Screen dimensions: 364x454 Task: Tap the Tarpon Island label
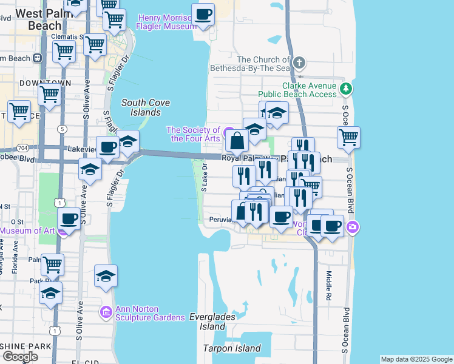point(232,348)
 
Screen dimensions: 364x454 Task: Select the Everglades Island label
point(207,322)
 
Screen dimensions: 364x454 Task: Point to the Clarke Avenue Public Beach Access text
point(297,90)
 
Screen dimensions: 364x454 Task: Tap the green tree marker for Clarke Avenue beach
point(345,89)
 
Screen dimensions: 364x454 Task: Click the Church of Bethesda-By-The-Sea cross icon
point(299,63)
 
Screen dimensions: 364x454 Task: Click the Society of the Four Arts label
point(193,134)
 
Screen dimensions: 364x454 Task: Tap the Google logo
point(20,356)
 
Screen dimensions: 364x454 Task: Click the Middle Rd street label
point(327,278)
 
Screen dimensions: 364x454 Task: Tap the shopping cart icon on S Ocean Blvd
point(348,137)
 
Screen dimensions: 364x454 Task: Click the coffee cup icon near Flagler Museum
point(203,14)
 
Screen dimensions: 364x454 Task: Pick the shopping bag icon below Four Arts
point(237,141)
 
